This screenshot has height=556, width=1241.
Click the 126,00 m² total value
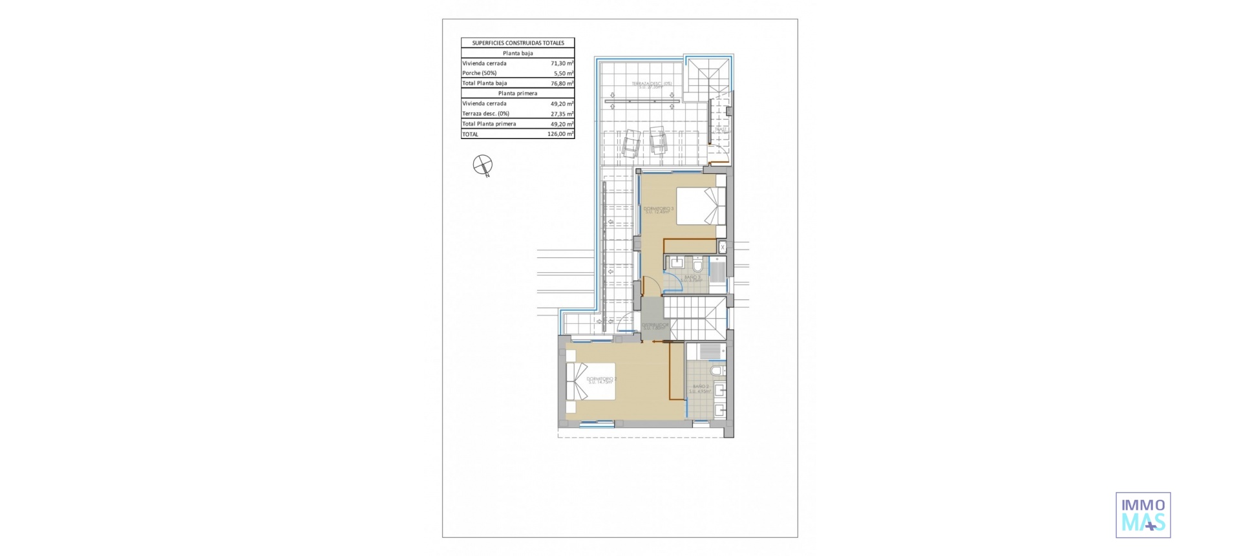[560, 134]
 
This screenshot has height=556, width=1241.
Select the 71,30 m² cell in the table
[562, 63]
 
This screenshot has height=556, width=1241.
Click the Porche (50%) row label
[480, 73]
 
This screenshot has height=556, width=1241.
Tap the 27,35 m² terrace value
[562, 114]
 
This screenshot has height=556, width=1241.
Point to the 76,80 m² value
[562, 83]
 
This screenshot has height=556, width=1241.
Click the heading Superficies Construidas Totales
[518, 43]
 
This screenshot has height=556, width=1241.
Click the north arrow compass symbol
[483, 165]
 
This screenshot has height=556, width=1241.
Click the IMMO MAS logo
[1143, 515]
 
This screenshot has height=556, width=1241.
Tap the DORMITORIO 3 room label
[659, 209]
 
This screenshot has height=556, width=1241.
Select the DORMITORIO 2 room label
[601, 380]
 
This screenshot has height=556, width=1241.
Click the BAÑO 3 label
[692, 278]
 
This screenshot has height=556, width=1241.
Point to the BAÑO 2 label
[700, 388]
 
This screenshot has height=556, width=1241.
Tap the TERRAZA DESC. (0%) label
[652, 85]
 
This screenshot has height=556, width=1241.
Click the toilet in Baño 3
[697, 265]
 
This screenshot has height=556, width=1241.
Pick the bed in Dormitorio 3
[701, 206]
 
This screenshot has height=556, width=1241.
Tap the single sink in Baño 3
[677, 262]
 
